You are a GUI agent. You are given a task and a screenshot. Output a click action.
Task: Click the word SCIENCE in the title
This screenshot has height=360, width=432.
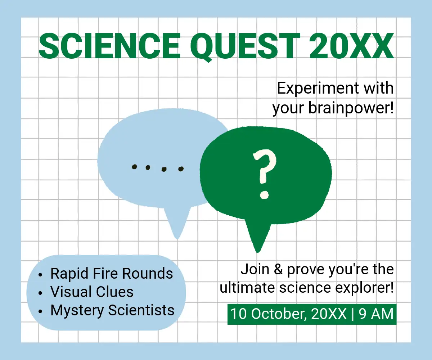click(x=110, y=46)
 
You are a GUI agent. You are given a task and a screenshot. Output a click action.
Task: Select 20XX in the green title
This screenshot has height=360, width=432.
click(x=351, y=46)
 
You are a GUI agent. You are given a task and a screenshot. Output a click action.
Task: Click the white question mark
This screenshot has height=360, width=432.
click(x=265, y=174)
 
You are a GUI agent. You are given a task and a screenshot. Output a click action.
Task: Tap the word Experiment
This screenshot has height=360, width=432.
click(x=318, y=88)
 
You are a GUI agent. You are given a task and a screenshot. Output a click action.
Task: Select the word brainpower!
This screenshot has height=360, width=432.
click(x=351, y=108)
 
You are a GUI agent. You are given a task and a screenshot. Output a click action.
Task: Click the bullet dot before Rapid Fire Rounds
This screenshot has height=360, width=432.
click(x=40, y=275)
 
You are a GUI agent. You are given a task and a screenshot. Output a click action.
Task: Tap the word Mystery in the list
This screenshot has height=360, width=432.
click(x=77, y=311)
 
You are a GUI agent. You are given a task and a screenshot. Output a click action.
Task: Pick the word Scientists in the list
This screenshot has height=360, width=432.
click(x=141, y=310)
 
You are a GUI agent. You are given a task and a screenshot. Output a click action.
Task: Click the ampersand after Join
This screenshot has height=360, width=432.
click(x=279, y=269)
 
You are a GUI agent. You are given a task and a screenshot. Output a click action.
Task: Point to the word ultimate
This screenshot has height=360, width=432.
click(x=247, y=288)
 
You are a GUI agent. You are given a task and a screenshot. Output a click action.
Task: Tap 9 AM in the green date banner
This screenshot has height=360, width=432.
click(x=376, y=314)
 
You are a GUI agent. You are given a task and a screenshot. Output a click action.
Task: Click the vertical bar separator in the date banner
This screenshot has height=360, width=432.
click(x=352, y=314)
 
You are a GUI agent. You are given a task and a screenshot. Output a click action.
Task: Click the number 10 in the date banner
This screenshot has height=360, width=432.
click(x=239, y=314)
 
